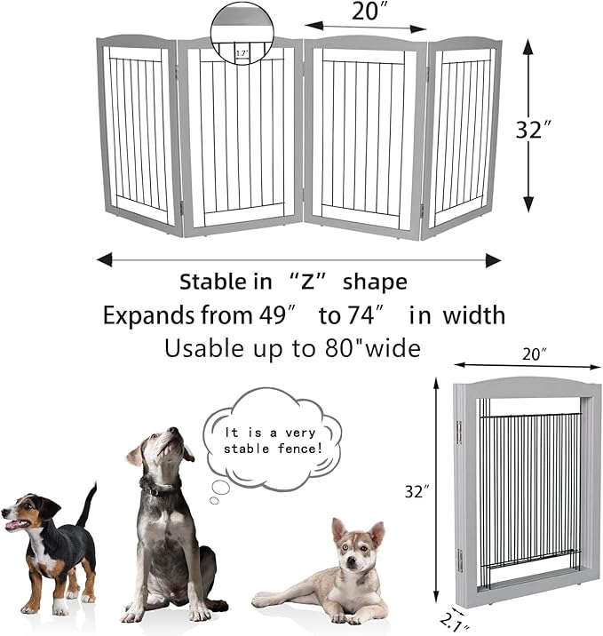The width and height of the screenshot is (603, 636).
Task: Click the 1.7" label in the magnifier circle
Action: [242, 53]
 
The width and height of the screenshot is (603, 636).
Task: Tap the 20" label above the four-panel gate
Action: [365, 11]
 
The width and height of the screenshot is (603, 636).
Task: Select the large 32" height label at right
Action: [534, 130]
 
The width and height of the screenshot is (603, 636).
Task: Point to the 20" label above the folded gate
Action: [534, 354]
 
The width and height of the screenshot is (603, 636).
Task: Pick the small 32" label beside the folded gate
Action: [417, 491]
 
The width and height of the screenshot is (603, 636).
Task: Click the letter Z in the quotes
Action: [308, 282]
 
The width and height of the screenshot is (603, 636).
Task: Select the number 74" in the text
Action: [364, 315]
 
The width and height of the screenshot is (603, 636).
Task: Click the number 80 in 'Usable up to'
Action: [337, 348]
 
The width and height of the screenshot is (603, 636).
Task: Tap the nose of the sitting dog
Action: [173, 430]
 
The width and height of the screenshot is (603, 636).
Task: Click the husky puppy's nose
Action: [352, 561]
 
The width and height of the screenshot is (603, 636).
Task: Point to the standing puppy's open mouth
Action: [15, 525]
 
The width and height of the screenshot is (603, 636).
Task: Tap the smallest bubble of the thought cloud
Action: [214, 500]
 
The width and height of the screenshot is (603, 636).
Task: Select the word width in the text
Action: [473, 315]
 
